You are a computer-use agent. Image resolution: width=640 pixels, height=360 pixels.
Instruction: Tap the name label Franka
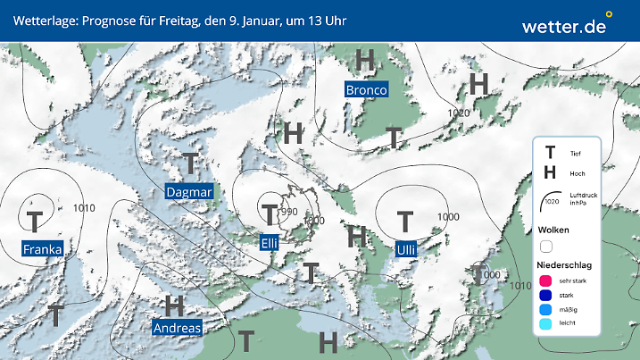click(x=43, y=249)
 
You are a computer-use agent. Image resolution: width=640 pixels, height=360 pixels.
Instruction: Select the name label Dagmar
click(x=189, y=192)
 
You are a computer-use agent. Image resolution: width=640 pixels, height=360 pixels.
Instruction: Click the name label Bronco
click(x=366, y=90)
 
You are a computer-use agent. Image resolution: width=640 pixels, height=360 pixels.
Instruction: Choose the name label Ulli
click(x=405, y=248)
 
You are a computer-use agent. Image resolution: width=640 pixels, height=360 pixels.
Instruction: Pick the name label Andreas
click(x=178, y=328)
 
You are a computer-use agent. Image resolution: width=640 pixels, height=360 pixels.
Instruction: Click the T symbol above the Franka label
click(x=35, y=220)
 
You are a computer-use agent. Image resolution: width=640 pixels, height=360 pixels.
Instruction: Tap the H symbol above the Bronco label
click(x=364, y=61)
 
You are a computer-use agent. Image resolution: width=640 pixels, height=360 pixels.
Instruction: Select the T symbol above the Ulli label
click(x=405, y=220)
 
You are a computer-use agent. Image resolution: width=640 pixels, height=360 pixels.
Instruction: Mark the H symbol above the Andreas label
click(x=174, y=305)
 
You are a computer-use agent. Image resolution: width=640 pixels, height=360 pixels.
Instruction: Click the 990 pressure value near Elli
click(x=288, y=212)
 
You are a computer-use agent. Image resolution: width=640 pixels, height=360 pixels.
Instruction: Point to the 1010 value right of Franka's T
click(x=85, y=208)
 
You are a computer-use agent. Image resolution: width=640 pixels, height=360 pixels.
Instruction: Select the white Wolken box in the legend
click(x=547, y=246)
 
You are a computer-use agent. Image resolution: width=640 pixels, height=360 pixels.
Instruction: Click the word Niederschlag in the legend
click(x=566, y=265)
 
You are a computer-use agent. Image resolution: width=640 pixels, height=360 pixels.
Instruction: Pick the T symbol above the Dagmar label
click(x=190, y=163)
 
